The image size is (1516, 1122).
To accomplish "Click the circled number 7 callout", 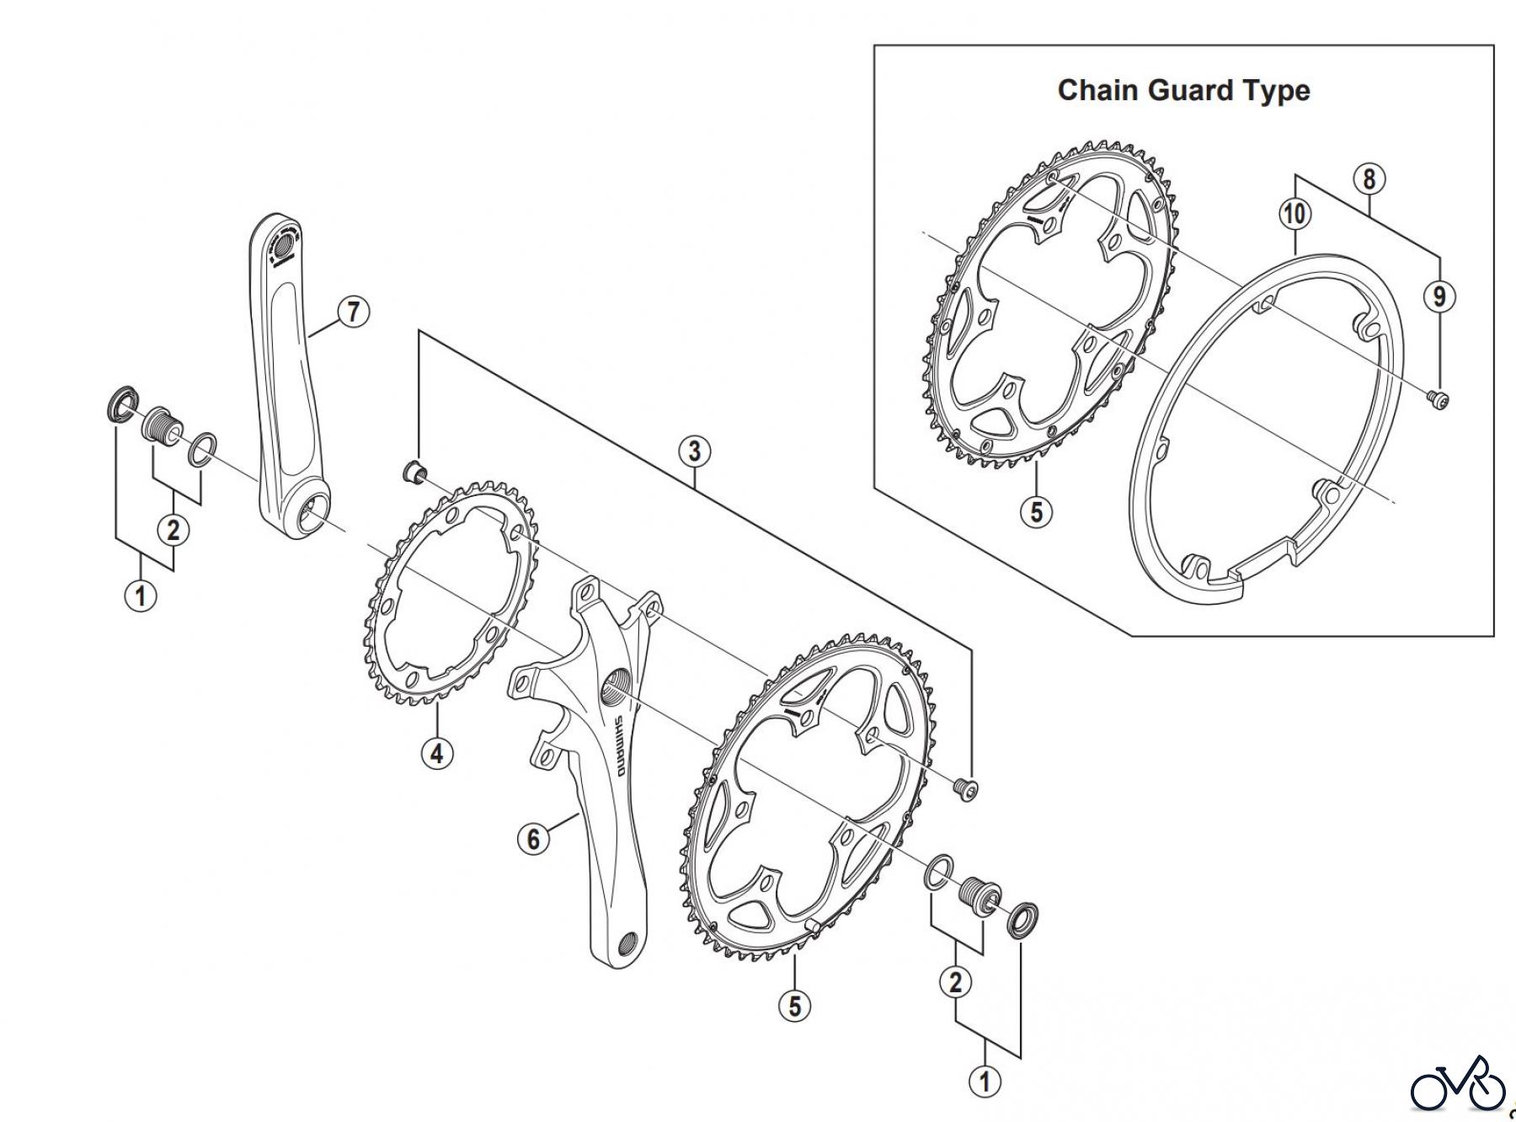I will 354,312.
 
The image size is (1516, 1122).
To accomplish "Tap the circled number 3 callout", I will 693,451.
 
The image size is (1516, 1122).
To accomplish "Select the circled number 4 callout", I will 436,752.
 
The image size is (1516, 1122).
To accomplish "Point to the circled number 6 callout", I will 533,838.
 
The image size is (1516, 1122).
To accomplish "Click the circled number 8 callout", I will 1369,179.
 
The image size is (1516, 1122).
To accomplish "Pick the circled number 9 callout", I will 1439,296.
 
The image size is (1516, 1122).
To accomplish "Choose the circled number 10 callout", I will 1294,213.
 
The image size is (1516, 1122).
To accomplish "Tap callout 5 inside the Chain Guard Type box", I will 1036,510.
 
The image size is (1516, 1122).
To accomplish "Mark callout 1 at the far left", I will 141,596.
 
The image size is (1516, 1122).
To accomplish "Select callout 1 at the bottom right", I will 985,1081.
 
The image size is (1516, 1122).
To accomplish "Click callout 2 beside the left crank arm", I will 173,530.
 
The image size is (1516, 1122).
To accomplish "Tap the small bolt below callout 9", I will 1439,398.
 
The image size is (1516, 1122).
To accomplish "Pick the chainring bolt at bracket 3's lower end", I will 966,788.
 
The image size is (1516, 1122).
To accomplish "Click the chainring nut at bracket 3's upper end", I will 414,472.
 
